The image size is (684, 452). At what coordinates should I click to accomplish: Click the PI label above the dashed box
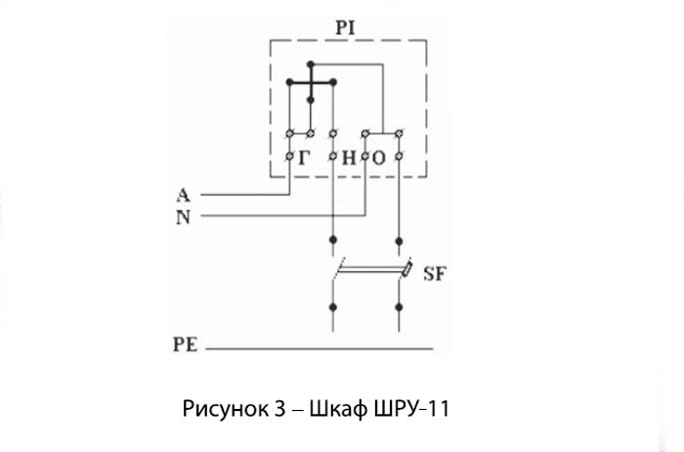point(346,28)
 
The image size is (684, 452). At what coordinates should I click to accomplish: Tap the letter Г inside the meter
point(304,158)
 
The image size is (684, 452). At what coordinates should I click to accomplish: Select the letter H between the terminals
point(349,158)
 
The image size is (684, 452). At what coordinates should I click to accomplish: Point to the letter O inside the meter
point(379,158)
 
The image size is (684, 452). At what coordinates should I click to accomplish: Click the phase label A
point(184,195)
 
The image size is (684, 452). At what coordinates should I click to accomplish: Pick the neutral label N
point(184,216)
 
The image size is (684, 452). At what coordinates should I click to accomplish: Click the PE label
point(186,344)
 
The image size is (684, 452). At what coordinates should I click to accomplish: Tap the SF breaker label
point(435,274)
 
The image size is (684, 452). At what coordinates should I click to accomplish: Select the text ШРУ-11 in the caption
point(411,409)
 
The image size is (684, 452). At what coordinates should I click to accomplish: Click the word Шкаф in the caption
point(338,409)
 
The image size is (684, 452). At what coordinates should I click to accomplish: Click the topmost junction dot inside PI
point(311,65)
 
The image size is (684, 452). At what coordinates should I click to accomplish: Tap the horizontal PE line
point(320,348)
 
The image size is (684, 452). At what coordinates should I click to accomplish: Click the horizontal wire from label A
point(245,195)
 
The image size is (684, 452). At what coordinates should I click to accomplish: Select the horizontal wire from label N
point(283,215)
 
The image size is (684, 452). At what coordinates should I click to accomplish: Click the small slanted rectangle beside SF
point(406,269)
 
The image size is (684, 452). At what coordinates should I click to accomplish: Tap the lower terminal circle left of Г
point(289,156)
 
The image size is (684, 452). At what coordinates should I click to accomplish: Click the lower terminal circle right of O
point(399,156)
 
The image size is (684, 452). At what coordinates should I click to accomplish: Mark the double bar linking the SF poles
point(370,271)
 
